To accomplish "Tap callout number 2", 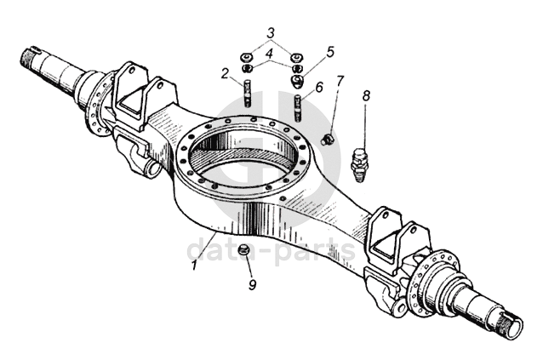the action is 226,73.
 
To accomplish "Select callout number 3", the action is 271,33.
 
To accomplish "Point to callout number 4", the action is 270,53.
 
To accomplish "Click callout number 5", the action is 330,52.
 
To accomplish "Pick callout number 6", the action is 319,87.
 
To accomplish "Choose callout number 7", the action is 340,82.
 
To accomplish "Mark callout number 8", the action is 366,95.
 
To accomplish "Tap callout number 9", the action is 253,285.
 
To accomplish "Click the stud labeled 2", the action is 248,93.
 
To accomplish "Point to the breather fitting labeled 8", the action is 359,165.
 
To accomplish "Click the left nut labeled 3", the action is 246,56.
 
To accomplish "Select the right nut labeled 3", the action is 297,56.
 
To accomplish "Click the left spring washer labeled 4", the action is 247,68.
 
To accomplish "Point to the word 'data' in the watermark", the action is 222,250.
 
